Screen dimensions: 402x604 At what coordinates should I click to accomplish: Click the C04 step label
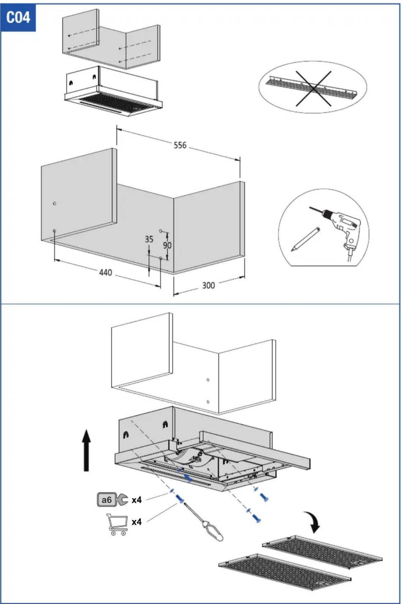[x=18, y=17]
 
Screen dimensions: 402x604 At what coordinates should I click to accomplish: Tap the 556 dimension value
[x=180, y=145]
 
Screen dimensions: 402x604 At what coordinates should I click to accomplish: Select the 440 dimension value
[x=106, y=272]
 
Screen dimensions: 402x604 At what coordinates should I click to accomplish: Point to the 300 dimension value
[x=208, y=285]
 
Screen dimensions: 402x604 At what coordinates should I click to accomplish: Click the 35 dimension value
[x=149, y=239]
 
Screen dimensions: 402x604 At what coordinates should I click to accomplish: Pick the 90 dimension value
[x=167, y=245]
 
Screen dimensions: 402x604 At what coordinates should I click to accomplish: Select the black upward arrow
[x=86, y=450]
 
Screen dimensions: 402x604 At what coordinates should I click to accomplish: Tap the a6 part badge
[x=107, y=500]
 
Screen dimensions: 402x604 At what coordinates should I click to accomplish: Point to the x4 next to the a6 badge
[x=136, y=500]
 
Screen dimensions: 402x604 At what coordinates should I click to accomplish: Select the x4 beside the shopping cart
[x=136, y=522]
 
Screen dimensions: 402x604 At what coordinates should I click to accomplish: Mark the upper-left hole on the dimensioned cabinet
[x=55, y=204]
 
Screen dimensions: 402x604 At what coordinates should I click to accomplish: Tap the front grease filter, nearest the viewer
[x=285, y=572]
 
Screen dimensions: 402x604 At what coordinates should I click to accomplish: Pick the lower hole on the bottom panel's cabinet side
[x=208, y=402]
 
